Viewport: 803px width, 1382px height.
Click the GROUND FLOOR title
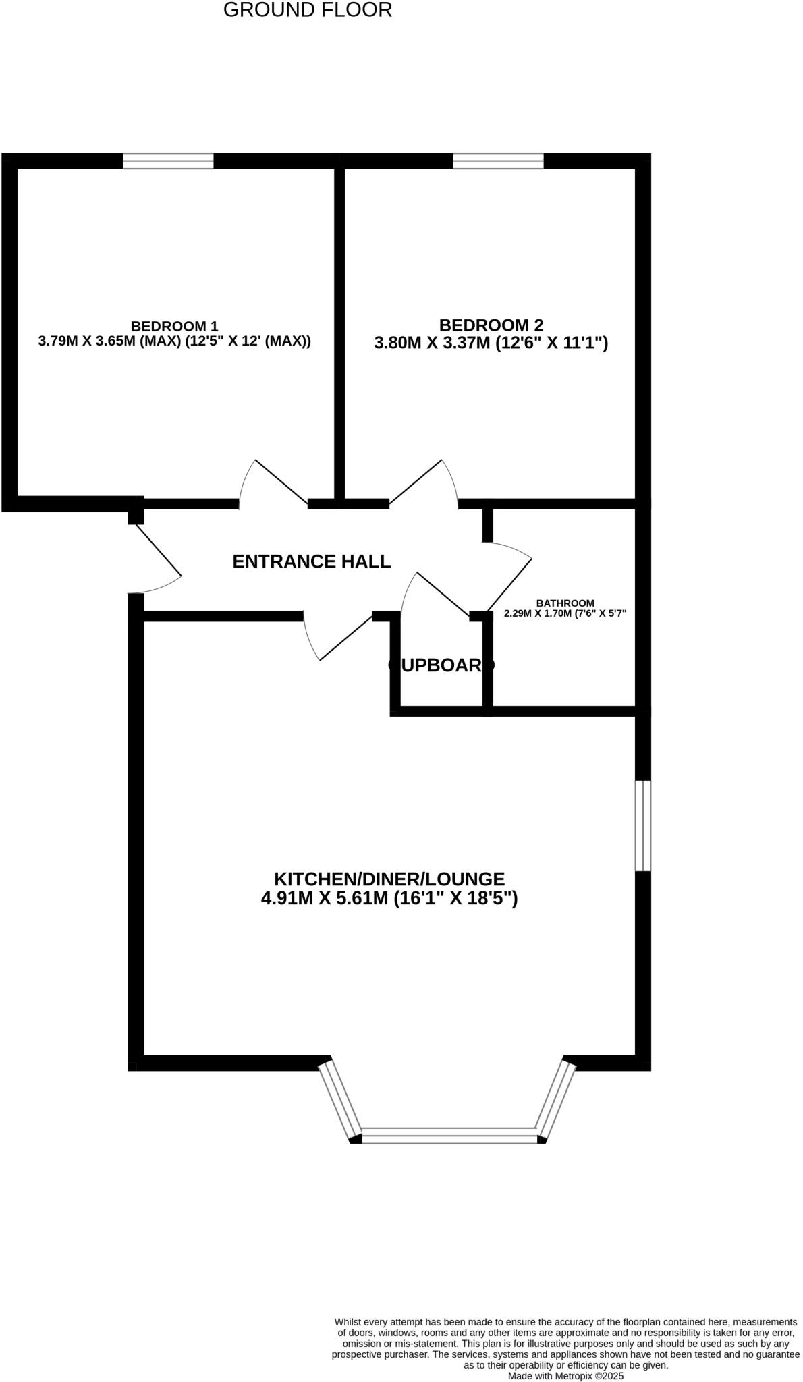(x=307, y=10)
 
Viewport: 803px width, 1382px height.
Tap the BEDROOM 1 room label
(x=174, y=326)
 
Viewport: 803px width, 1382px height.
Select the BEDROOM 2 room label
(x=491, y=325)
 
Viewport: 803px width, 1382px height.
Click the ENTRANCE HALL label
(x=311, y=561)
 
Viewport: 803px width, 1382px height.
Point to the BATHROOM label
(x=565, y=603)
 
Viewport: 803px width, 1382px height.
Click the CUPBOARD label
(x=441, y=665)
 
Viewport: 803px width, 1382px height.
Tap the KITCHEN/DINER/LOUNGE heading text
(x=389, y=879)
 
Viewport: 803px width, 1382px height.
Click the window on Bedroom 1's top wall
(x=168, y=161)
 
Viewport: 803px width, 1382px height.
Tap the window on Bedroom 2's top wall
(x=498, y=161)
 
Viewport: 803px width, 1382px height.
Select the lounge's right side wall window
(x=643, y=826)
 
